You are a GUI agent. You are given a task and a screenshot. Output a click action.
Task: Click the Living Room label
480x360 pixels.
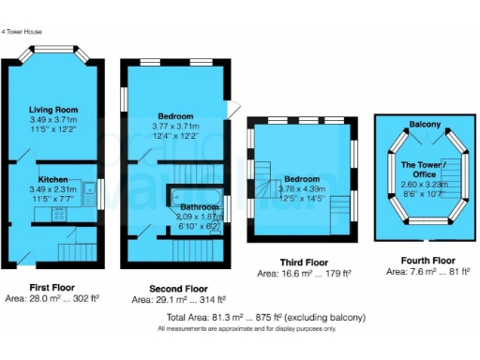[52, 110]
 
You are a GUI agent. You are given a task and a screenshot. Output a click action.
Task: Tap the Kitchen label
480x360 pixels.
[52, 178]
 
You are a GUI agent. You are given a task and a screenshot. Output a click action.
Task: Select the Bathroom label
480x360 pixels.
[200, 206]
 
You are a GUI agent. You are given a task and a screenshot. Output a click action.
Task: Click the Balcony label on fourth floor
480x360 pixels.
[425, 124]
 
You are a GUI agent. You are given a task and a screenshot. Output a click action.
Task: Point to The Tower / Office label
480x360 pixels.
[426, 170]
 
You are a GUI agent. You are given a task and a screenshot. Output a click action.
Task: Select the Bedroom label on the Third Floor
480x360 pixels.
[302, 178]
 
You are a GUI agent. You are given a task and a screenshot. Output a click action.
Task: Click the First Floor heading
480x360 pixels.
[52, 288]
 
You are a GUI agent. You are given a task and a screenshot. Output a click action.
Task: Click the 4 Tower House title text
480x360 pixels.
[23, 32]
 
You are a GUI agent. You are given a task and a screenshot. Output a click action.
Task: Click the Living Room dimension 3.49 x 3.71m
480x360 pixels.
[52, 120]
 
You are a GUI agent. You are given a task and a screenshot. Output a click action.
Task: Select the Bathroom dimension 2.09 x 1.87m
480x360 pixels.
[200, 216]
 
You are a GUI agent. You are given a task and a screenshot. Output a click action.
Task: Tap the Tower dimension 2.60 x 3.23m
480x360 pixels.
[426, 186]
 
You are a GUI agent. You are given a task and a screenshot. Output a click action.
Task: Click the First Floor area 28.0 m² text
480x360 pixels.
[52, 299]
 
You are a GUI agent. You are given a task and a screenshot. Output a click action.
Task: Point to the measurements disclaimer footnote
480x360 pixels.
[238, 329]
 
